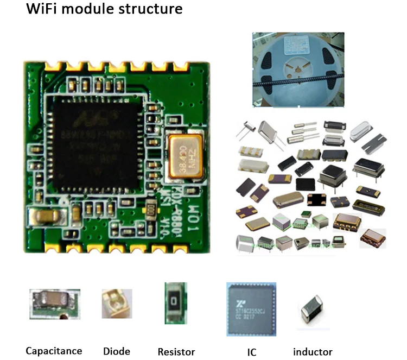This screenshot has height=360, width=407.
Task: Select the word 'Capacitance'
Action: pyautogui.click(x=54, y=351)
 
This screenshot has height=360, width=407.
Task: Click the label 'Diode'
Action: pyautogui.click(x=116, y=351)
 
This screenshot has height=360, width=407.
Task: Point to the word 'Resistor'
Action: pyautogui.click(x=176, y=351)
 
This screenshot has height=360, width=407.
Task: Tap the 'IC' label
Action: pyautogui.click(x=251, y=351)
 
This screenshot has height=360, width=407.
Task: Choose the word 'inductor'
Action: pyautogui.click(x=313, y=351)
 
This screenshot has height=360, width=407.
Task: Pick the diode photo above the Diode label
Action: pyautogui.click(x=116, y=304)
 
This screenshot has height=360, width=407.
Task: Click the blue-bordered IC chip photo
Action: pyautogui.click(x=251, y=308)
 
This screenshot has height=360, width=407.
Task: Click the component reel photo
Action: pyautogui.click(x=297, y=68)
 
